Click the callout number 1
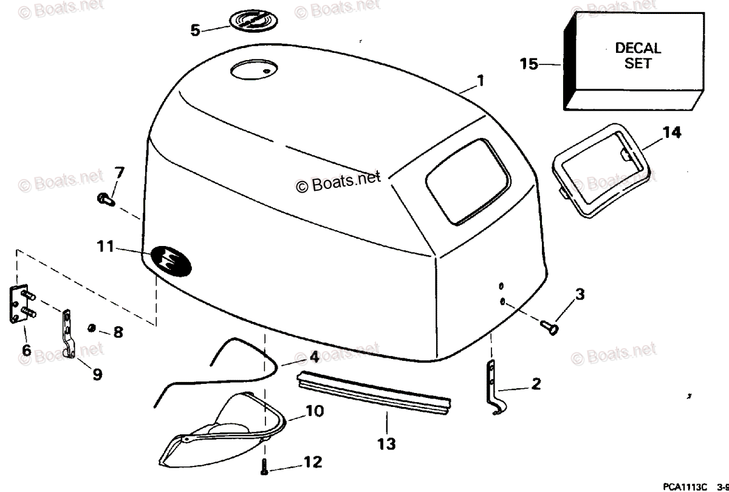(x=480, y=80)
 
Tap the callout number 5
(x=194, y=30)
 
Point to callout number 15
(x=529, y=63)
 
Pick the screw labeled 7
(x=105, y=198)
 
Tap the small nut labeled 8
(x=90, y=329)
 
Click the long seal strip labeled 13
(x=374, y=395)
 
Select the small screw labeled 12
(x=265, y=467)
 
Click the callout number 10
(x=315, y=411)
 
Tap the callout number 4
(x=313, y=358)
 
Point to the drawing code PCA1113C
(x=685, y=485)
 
